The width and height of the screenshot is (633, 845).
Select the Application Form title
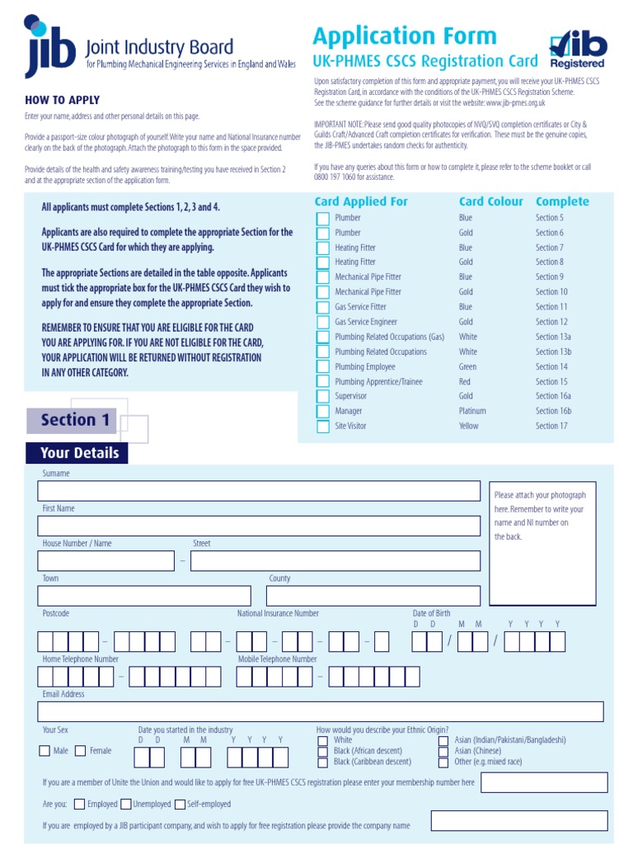click(405, 36)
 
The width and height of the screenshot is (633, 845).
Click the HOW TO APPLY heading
click(62, 101)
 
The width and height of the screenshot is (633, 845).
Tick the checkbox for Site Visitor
click(323, 427)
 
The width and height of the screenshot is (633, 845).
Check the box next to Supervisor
click(323, 397)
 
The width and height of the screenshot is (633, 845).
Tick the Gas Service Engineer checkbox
click(323, 323)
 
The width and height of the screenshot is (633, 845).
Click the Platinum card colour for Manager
click(472, 411)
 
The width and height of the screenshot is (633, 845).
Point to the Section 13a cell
click(553, 337)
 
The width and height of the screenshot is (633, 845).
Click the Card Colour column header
click(490, 201)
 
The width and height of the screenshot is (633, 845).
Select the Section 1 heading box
click(75, 420)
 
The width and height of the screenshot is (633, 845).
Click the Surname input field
click(259, 492)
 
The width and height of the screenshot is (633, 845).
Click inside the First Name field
click(259, 526)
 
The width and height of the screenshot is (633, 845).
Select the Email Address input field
click(321, 712)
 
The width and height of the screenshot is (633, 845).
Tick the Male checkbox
click(45, 751)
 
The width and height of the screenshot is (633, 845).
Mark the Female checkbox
click(80, 751)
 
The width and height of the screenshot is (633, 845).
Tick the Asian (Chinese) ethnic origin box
click(443, 751)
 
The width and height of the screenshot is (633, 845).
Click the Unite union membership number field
click(543, 782)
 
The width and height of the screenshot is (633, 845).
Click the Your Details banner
click(78, 453)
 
